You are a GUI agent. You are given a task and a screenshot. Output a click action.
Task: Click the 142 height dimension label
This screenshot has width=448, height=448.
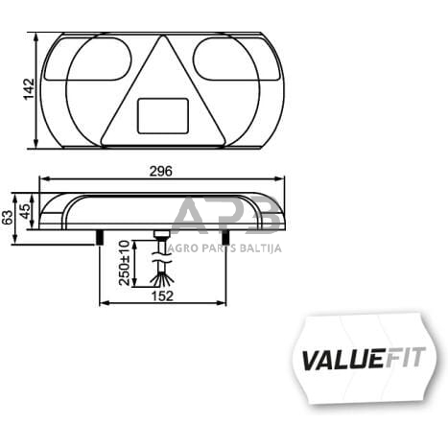point(28,89)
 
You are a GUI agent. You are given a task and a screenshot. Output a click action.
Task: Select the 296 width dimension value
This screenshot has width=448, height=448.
point(162,171)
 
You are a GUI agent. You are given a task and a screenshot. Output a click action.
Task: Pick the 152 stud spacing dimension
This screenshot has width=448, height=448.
point(162,296)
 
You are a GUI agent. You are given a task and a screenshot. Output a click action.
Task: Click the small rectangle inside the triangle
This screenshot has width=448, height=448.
point(162,115)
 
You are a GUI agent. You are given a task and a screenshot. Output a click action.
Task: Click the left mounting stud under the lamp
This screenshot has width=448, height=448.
point(100,236)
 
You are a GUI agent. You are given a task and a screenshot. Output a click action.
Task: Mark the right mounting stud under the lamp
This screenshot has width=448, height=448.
point(225,236)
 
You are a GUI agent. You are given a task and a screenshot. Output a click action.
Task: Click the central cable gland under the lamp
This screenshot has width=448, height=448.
point(162,235)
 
